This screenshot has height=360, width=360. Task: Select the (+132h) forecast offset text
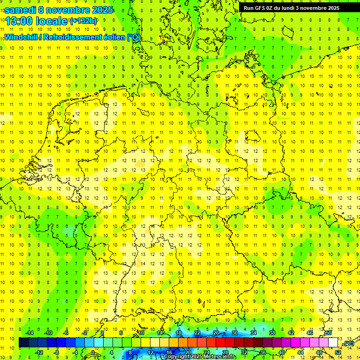pos(83,21)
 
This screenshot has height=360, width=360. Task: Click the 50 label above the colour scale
pos(329,333)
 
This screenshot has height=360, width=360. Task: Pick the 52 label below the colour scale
pos(337,352)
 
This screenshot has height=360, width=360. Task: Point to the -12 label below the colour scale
pos(39,352)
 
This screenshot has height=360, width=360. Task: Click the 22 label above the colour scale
pos(197,333)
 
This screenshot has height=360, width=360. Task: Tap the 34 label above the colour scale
pos(254,333)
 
